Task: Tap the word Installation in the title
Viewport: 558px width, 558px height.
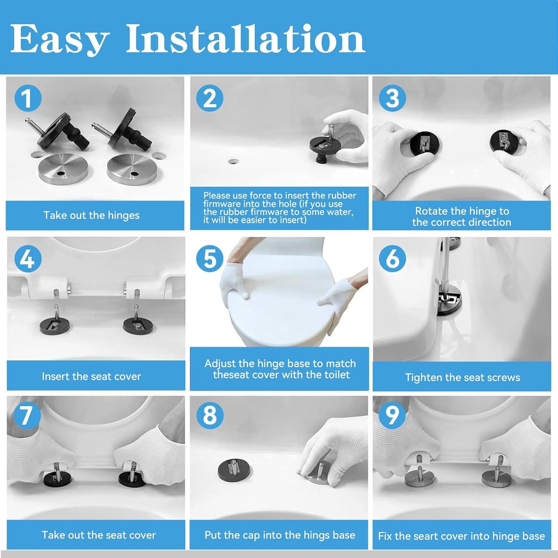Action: (x=246, y=39)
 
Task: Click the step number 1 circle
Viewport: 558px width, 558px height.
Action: (x=28, y=98)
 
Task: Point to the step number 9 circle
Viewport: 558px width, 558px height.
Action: (x=392, y=416)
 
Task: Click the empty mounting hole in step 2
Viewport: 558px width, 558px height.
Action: (x=233, y=161)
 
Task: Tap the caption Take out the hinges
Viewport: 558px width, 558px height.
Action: (x=92, y=215)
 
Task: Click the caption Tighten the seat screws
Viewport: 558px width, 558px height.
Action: (x=463, y=378)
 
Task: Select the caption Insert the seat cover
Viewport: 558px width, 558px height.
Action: (x=92, y=377)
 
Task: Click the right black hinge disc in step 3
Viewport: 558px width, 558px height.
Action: (x=505, y=141)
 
